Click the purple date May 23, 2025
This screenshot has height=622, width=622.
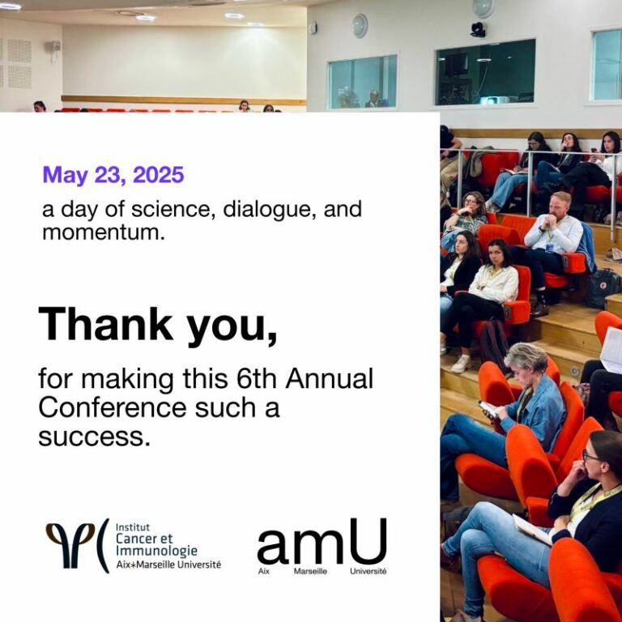(x=113, y=175)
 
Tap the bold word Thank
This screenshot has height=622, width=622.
(x=105, y=324)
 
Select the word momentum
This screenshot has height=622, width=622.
(x=103, y=232)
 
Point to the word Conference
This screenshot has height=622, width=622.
(x=113, y=408)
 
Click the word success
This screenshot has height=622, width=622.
(x=95, y=437)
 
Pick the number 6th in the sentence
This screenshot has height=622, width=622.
(x=256, y=378)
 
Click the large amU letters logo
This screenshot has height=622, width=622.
(x=322, y=541)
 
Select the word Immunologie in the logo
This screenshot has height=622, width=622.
(x=156, y=551)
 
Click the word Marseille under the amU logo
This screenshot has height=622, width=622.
(x=310, y=572)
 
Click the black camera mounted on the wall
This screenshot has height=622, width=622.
(x=479, y=30)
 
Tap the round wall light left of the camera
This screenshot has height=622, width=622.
(x=360, y=26)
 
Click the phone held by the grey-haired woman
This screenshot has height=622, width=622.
(x=488, y=409)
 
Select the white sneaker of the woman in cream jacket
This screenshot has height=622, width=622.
(x=461, y=364)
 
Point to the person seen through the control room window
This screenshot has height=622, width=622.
(x=374, y=99)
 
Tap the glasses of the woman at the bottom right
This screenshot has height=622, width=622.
(x=590, y=456)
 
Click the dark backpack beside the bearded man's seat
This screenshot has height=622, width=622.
(x=603, y=288)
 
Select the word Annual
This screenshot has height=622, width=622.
(x=330, y=378)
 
